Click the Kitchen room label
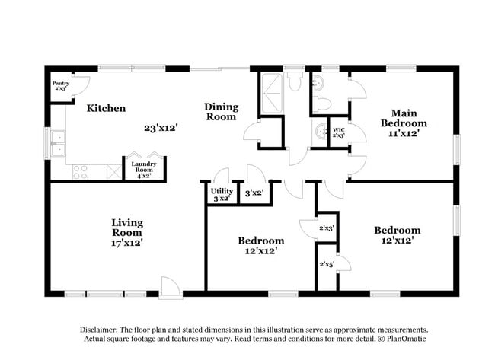pos(106,108)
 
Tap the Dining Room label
pos(221,112)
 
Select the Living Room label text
pos(127,228)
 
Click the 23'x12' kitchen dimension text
pos(161,129)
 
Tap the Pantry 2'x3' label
pos(60,86)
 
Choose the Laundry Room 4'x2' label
pos(143,170)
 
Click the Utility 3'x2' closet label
pos(222,195)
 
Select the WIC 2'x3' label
pos(339,133)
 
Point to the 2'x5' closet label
pos(326,264)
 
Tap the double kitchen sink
pos(58,142)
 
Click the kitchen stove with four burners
pos(81,172)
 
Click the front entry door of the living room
pos(170,287)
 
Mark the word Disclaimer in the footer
pos(102,329)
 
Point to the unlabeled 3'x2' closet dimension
pos(254,193)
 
